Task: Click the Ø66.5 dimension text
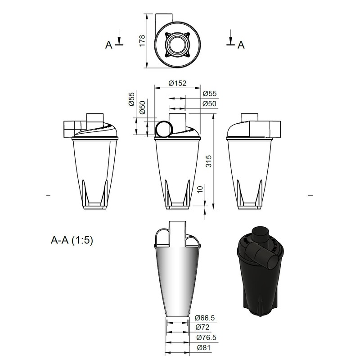coord(206,318)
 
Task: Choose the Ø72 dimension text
coord(202,327)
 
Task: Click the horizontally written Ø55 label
coord(210,94)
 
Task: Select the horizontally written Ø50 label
coord(210,104)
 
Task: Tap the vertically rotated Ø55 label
coord(131,99)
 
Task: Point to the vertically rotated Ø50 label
coord(142,108)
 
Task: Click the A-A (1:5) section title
coord(72,240)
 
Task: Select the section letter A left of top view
coord(108,45)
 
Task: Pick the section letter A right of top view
coord(241,45)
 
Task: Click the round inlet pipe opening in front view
coord(164,129)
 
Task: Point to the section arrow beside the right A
coord(230,38)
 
